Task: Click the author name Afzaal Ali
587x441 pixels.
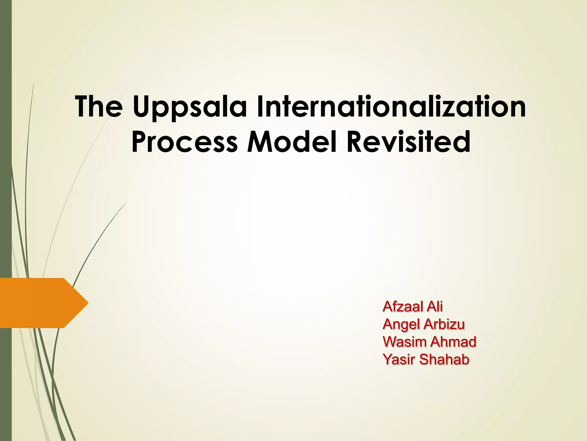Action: tap(412, 307)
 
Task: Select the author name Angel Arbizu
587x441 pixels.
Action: tap(423, 324)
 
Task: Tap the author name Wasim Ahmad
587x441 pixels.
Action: tap(429, 342)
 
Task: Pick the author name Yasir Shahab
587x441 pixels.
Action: tap(426, 359)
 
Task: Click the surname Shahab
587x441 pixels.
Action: tap(444, 359)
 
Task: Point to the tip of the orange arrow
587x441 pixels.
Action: tap(87, 303)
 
